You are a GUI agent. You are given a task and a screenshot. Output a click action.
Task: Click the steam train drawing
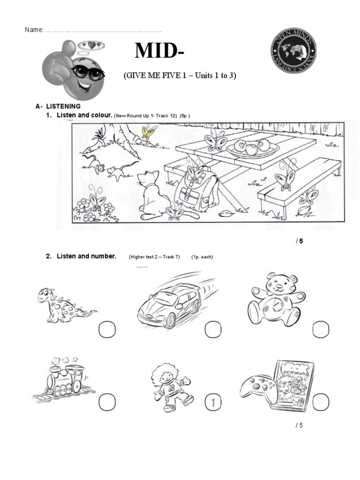(x=63, y=378)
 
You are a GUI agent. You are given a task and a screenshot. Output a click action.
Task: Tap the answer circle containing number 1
(x=213, y=402)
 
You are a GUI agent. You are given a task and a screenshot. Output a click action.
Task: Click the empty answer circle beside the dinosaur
(x=107, y=330)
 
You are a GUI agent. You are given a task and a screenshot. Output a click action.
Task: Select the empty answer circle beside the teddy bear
(x=321, y=330)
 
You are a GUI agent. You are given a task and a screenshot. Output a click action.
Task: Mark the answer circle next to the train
(x=107, y=402)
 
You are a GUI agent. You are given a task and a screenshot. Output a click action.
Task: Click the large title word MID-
(x=159, y=51)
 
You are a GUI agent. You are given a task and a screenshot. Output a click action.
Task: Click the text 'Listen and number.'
(x=86, y=256)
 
